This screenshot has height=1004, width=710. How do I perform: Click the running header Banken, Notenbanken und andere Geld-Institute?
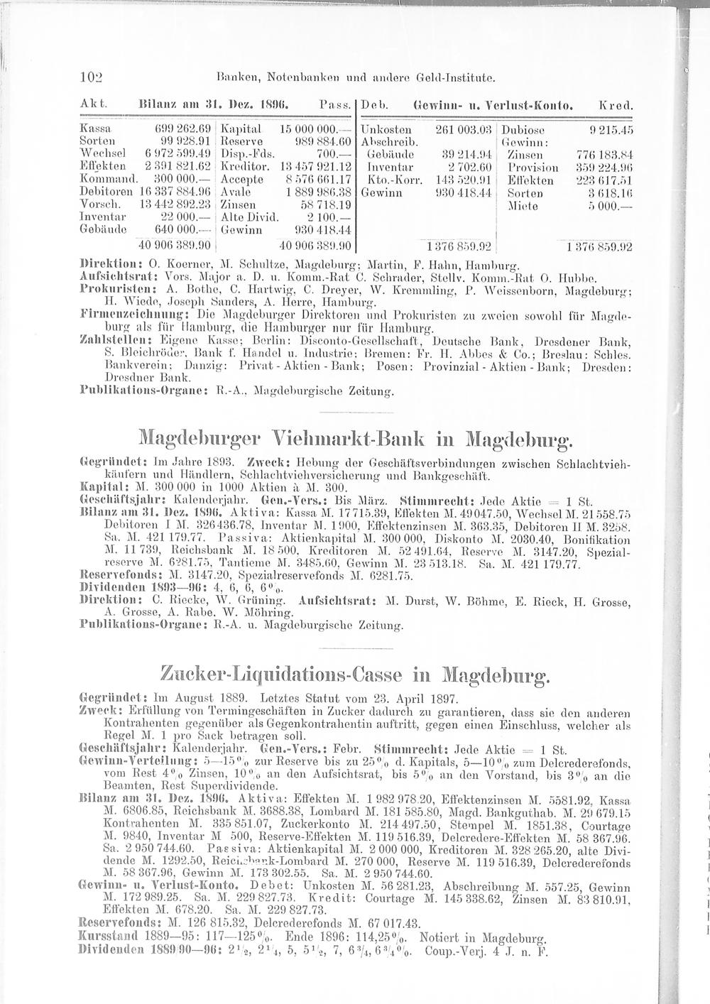point(356,73)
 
